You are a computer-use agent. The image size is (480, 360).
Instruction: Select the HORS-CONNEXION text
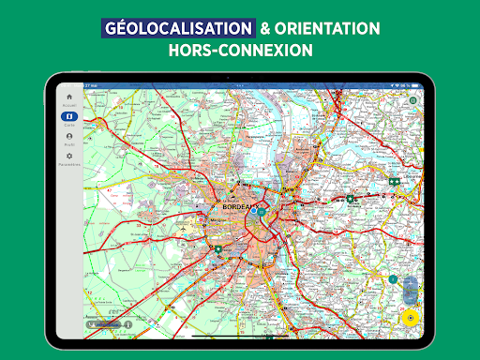tap(240, 51)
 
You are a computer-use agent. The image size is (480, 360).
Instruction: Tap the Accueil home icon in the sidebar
tap(68, 97)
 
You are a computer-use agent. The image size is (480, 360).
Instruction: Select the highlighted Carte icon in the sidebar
tap(68, 117)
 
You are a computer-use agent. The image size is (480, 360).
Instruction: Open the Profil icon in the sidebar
tap(68, 137)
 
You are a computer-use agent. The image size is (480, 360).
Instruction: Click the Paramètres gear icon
tap(68, 157)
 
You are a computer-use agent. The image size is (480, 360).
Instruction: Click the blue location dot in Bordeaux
tap(253, 212)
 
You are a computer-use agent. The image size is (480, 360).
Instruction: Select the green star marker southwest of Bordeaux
tap(217, 248)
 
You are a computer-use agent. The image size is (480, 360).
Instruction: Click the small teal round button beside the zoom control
tap(394, 279)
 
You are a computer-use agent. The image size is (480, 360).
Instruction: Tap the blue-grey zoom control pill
tap(410, 288)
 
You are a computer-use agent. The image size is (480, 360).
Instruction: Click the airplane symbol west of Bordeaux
tap(238, 184)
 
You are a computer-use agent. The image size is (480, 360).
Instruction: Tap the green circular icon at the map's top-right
tap(412, 98)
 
